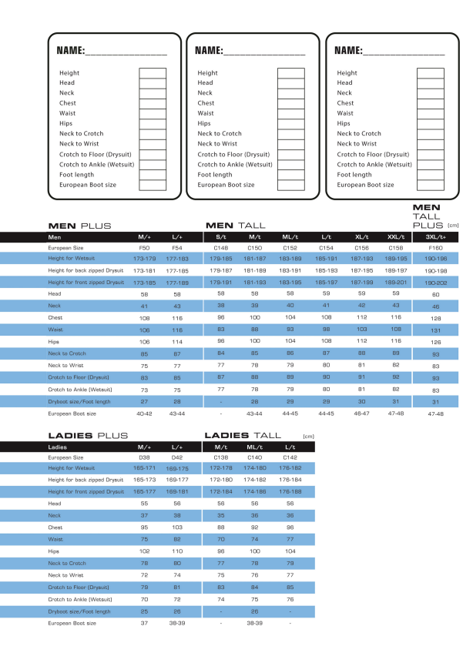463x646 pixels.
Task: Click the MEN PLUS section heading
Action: click(80, 226)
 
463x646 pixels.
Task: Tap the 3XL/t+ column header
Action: click(435, 237)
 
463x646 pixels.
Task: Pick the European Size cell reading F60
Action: click(435, 249)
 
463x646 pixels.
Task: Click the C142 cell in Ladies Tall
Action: click(290, 457)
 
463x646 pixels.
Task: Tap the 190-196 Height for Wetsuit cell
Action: click(435, 259)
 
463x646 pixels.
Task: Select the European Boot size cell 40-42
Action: click(144, 413)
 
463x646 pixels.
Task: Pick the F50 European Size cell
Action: click(144, 248)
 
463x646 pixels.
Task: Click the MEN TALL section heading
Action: click(235, 226)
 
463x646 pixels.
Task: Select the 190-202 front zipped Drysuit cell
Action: click(435, 283)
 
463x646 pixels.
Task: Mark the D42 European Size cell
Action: click(178, 457)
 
